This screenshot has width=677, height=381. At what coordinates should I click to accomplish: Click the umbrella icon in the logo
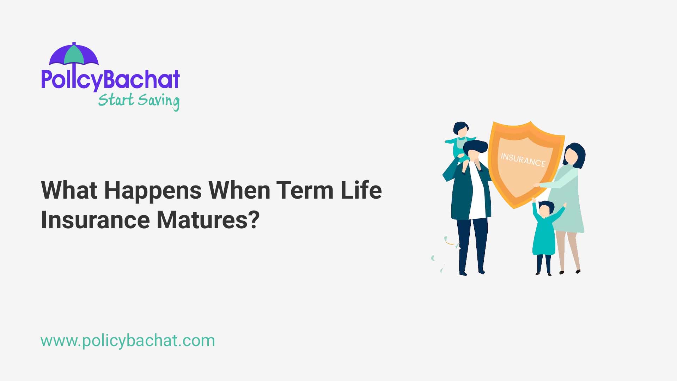(74, 55)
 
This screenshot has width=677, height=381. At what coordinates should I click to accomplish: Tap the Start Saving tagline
(139, 101)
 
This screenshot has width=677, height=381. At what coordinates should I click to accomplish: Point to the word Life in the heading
(361, 190)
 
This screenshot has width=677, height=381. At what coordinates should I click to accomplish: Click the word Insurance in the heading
(96, 220)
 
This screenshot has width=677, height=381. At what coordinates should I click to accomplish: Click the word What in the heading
(69, 190)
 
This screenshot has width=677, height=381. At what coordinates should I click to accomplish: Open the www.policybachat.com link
(128, 341)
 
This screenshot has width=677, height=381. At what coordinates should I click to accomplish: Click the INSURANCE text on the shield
(523, 159)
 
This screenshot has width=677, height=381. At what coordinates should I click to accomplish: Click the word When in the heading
(239, 190)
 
